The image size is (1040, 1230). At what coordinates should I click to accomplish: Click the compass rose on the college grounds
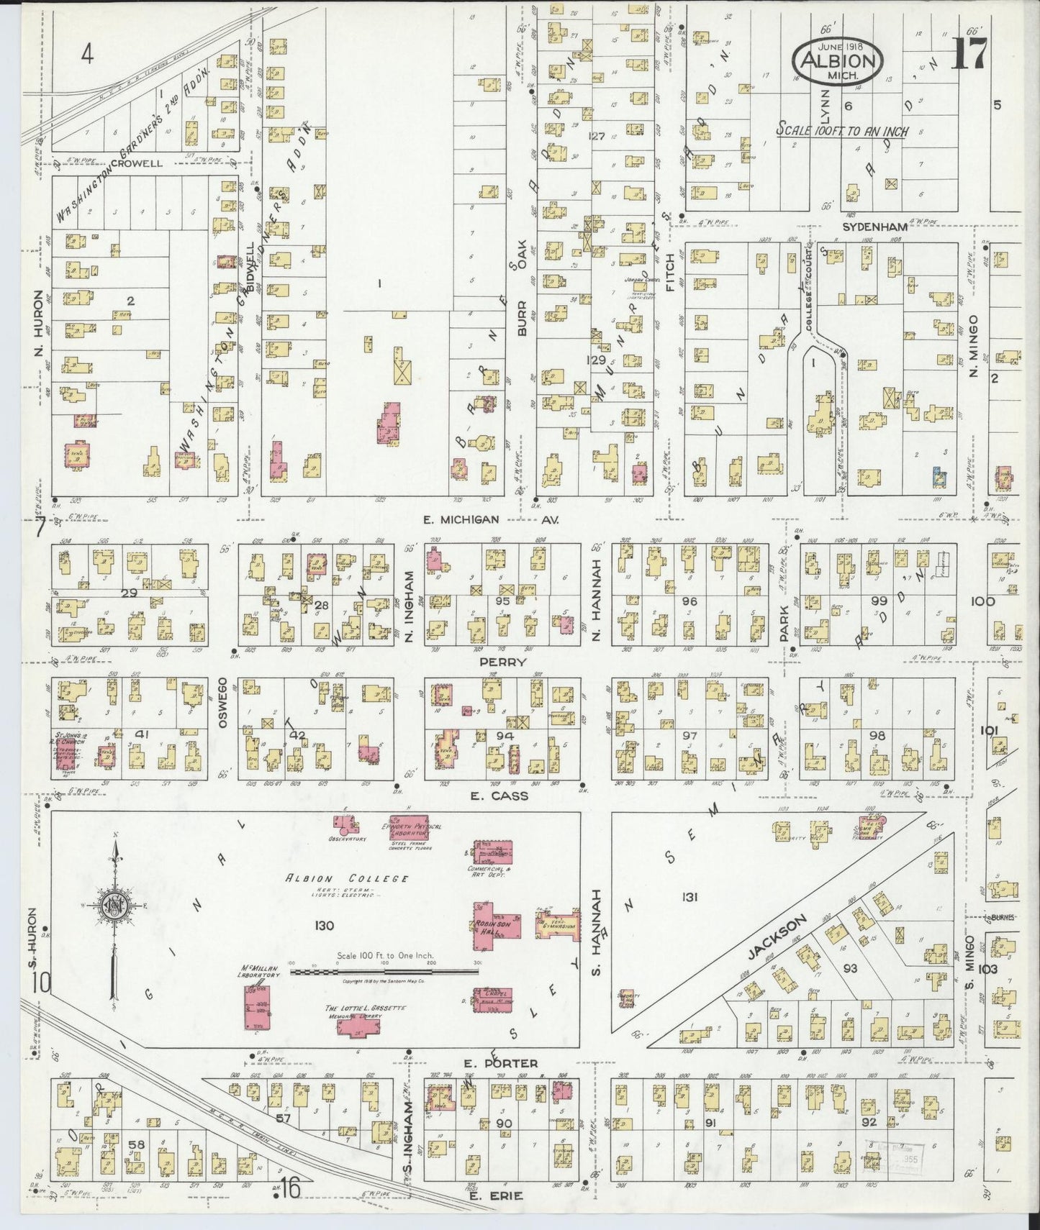point(116,905)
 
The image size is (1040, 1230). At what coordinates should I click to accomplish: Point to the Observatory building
point(343,824)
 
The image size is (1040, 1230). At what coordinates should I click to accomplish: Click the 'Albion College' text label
point(347,879)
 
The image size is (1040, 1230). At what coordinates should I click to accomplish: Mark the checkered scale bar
point(384,971)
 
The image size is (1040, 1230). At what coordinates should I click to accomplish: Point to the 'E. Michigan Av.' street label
point(471,519)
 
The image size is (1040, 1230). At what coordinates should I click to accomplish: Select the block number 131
point(690,897)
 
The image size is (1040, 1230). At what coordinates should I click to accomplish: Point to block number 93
point(850,968)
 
